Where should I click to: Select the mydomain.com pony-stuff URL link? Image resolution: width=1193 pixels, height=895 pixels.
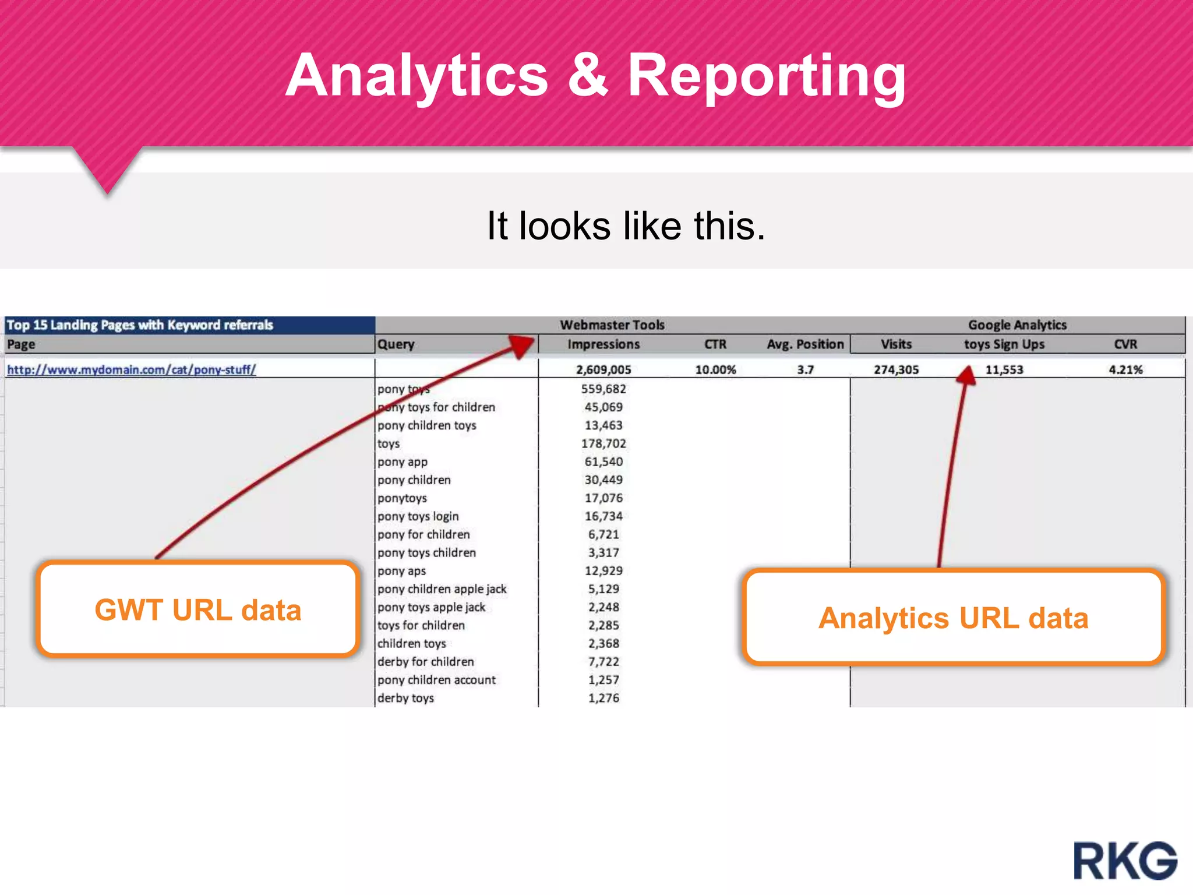[x=131, y=369]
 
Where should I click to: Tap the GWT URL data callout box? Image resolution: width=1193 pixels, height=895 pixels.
[x=197, y=609]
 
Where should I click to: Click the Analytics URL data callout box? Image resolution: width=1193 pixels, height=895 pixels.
[x=953, y=618]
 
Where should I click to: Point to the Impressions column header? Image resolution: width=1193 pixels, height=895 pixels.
[x=603, y=344]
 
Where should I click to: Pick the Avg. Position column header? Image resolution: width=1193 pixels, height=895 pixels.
[x=805, y=344]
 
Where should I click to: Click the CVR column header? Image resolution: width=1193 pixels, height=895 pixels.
[x=1125, y=344]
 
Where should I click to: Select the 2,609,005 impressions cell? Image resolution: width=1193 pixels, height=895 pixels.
[x=603, y=369]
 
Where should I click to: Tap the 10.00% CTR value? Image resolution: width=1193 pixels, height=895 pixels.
[x=715, y=369]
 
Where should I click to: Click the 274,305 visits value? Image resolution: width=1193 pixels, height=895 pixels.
[x=896, y=369]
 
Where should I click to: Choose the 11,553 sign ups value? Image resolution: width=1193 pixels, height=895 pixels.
[x=1004, y=369]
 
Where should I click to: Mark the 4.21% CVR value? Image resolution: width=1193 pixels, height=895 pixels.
[x=1125, y=369]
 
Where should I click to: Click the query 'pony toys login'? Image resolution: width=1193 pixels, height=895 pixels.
[x=418, y=516]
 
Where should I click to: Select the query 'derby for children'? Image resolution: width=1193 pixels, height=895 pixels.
[x=425, y=661]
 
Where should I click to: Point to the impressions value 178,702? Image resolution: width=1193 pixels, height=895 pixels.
[x=603, y=443]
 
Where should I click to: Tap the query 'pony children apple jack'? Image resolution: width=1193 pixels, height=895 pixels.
[x=442, y=589]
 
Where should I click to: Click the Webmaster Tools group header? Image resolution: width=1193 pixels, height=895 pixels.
[x=612, y=325]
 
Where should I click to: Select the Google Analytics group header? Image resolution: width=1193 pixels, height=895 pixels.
[x=1017, y=325]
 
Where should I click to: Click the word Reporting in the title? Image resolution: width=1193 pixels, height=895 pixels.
[x=767, y=76]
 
